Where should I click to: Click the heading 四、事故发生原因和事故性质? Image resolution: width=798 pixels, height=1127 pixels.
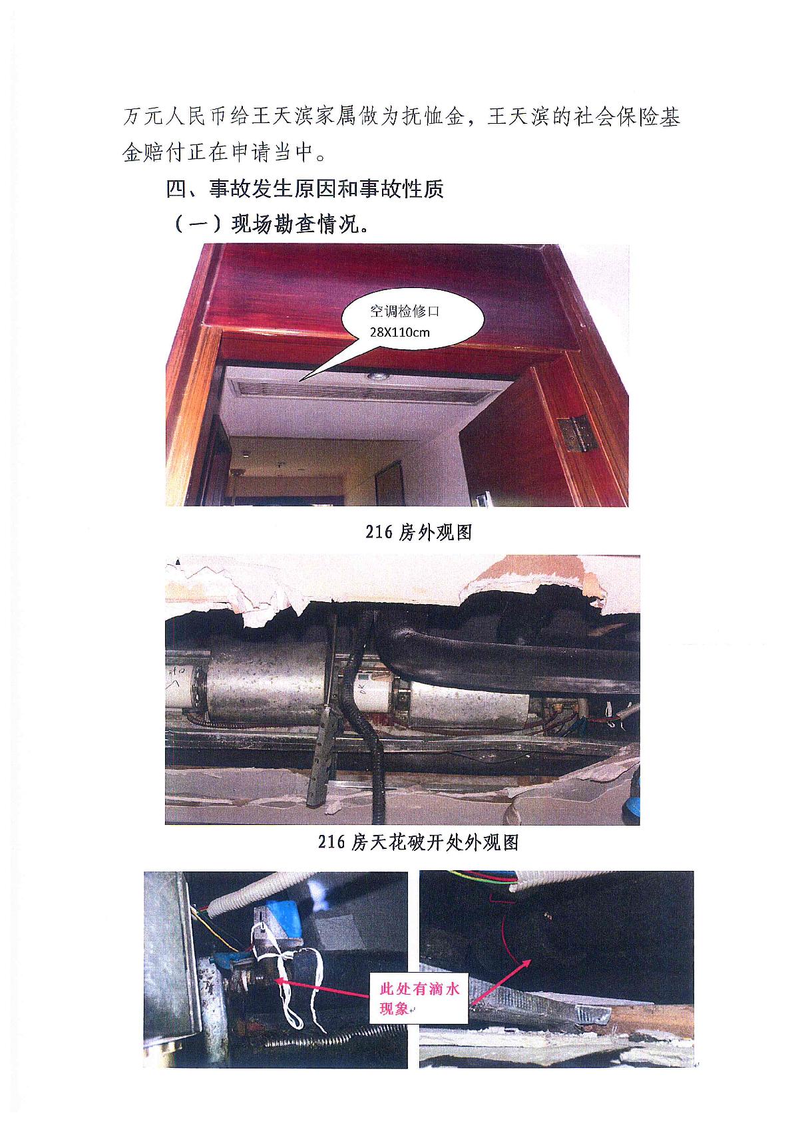(x=305, y=189)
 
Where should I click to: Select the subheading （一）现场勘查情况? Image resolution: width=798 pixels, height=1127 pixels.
(x=272, y=224)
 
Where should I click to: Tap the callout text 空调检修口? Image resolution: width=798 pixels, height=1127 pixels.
(x=404, y=311)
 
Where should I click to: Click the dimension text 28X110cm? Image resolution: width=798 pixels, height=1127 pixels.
(x=400, y=332)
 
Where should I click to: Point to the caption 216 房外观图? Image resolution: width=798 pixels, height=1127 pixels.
(x=419, y=532)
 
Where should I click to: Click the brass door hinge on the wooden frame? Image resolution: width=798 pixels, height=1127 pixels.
(x=578, y=432)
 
